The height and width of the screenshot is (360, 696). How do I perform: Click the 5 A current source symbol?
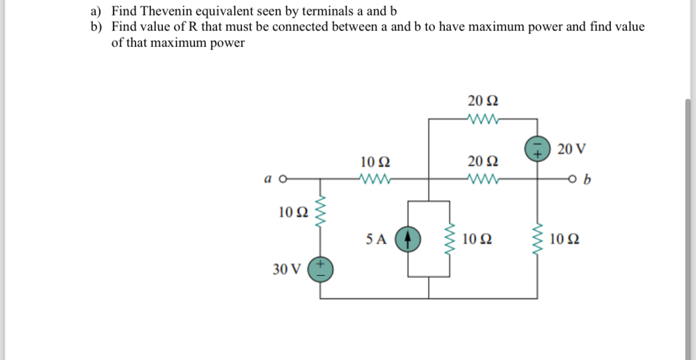click(x=408, y=239)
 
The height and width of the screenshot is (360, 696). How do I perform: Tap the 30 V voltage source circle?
click(x=320, y=269)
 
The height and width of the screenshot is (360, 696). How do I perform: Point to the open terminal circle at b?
click(x=573, y=178)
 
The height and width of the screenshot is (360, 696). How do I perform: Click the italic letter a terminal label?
click(x=268, y=177)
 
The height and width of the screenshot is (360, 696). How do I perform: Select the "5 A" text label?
click(x=377, y=239)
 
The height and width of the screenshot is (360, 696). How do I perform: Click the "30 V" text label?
click(x=287, y=269)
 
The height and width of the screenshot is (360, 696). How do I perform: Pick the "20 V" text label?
click(x=572, y=148)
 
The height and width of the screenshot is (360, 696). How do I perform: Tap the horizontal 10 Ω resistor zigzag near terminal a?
click(x=375, y=177)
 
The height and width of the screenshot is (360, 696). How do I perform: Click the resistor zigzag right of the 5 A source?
click(x=450, y=239)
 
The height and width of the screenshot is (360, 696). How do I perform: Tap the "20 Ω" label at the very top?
click(x=479, y=99)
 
